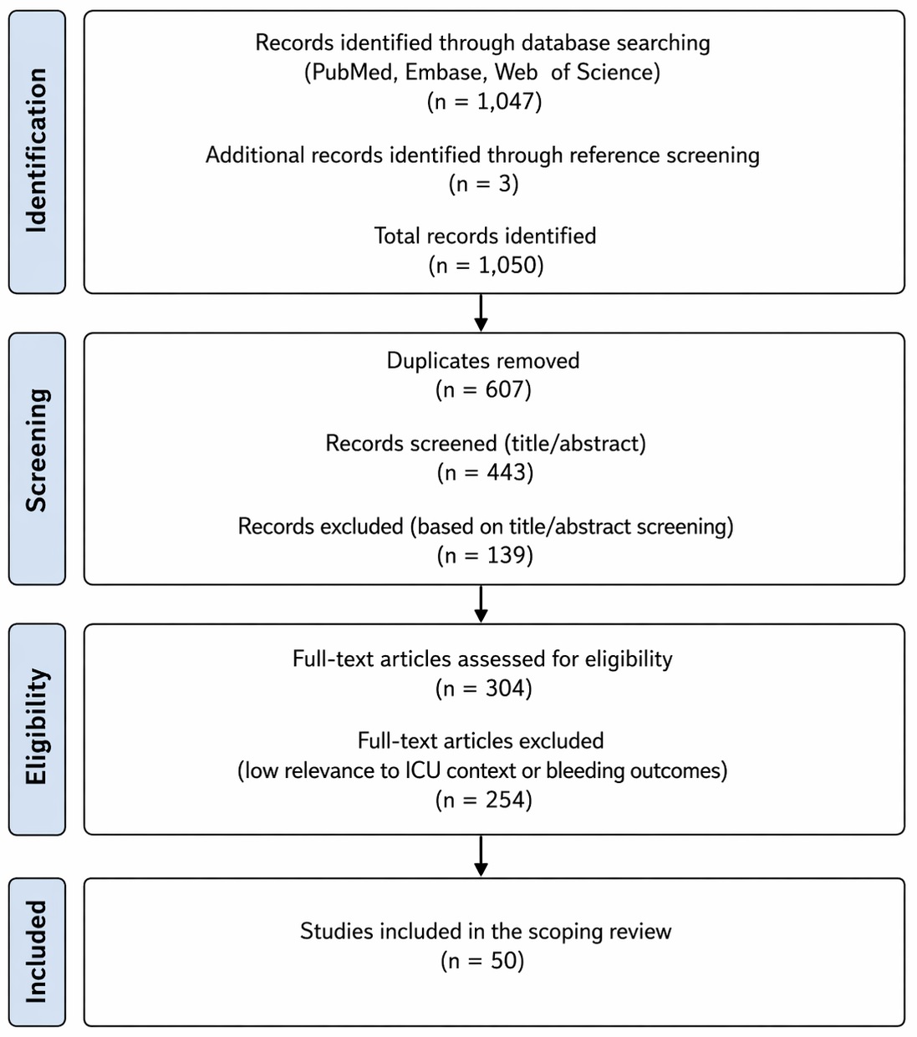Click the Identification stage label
pos(37,150)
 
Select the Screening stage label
pos(37,450)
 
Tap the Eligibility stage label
pos(37,726)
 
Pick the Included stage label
pos(37,951)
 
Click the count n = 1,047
pos(484,101)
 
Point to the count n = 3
pos(484,184)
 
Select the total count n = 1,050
pos(486,265)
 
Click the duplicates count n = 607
pos(483,389)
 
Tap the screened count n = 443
pos(485,472)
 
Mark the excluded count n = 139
pos(485,556)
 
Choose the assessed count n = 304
pos(484,689)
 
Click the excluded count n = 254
pos(484,800)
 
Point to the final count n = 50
pos(482,961)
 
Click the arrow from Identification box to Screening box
pos(481,313)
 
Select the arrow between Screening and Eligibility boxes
pos(481,604)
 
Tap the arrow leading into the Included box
pos(481,856)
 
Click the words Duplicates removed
pos(483,361)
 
